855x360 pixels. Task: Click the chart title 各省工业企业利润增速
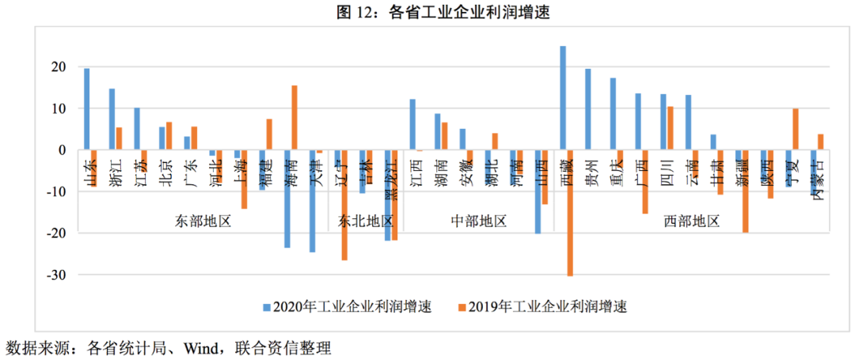pos(427,12)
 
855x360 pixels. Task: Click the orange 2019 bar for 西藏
pos(570,213)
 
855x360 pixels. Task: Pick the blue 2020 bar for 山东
pos(86,108)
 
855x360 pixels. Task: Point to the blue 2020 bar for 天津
pos(313,201)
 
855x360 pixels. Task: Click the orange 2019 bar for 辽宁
pos(344,205)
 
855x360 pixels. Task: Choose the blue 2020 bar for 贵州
pos(588,109)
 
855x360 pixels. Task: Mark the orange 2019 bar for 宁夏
pos(796,129)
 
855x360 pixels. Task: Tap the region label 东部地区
pos(203,221)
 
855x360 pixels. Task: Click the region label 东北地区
pos(367,221)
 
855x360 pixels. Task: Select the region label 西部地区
pos(691,221)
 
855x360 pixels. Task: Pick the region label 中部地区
pos(478,221)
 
